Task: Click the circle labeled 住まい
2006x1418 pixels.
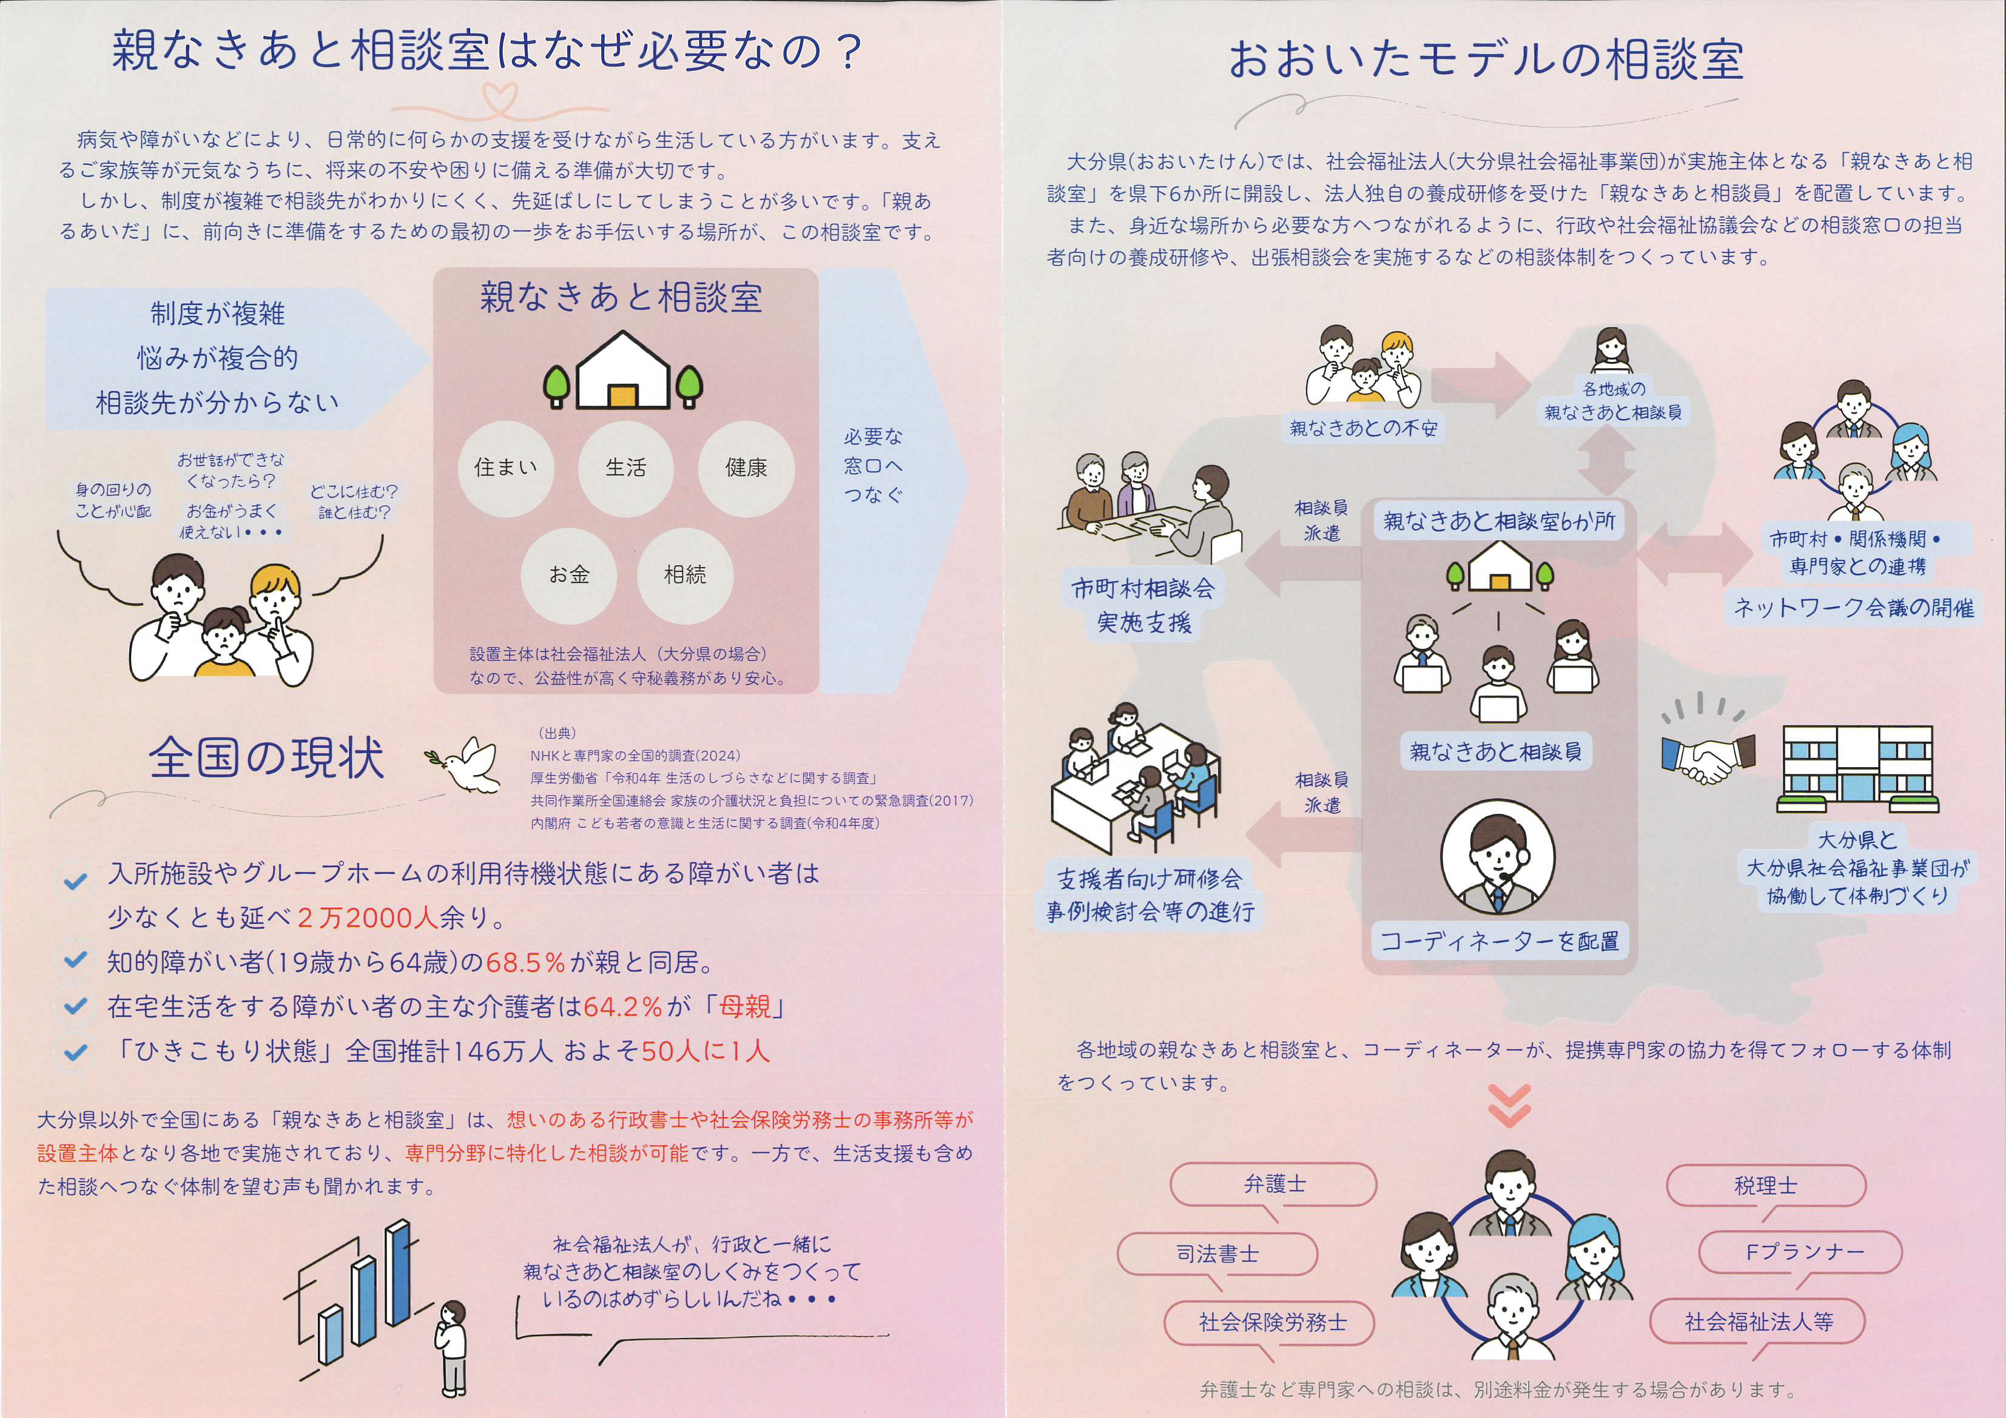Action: tap(505, 468)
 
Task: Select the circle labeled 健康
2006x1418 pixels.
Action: tap(746, 468)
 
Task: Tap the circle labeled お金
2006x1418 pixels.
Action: tap(569, 574)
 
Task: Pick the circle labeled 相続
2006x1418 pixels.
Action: tap(685, 574)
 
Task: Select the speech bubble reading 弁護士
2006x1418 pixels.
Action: tap(1274, 1184)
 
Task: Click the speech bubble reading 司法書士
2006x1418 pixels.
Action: tap(1217, 1254)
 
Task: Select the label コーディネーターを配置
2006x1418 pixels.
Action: tap(1499, 941)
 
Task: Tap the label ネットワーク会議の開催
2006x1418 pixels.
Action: tap(1853, 607)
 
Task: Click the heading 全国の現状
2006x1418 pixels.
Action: tap(266, 758)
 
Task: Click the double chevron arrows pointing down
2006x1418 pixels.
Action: tap(1509, 1105)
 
